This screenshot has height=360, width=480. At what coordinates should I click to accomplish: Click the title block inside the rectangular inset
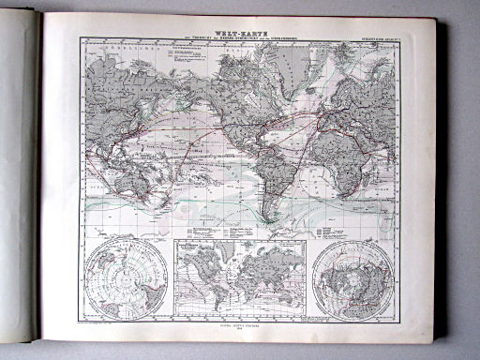tap(200, 249)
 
